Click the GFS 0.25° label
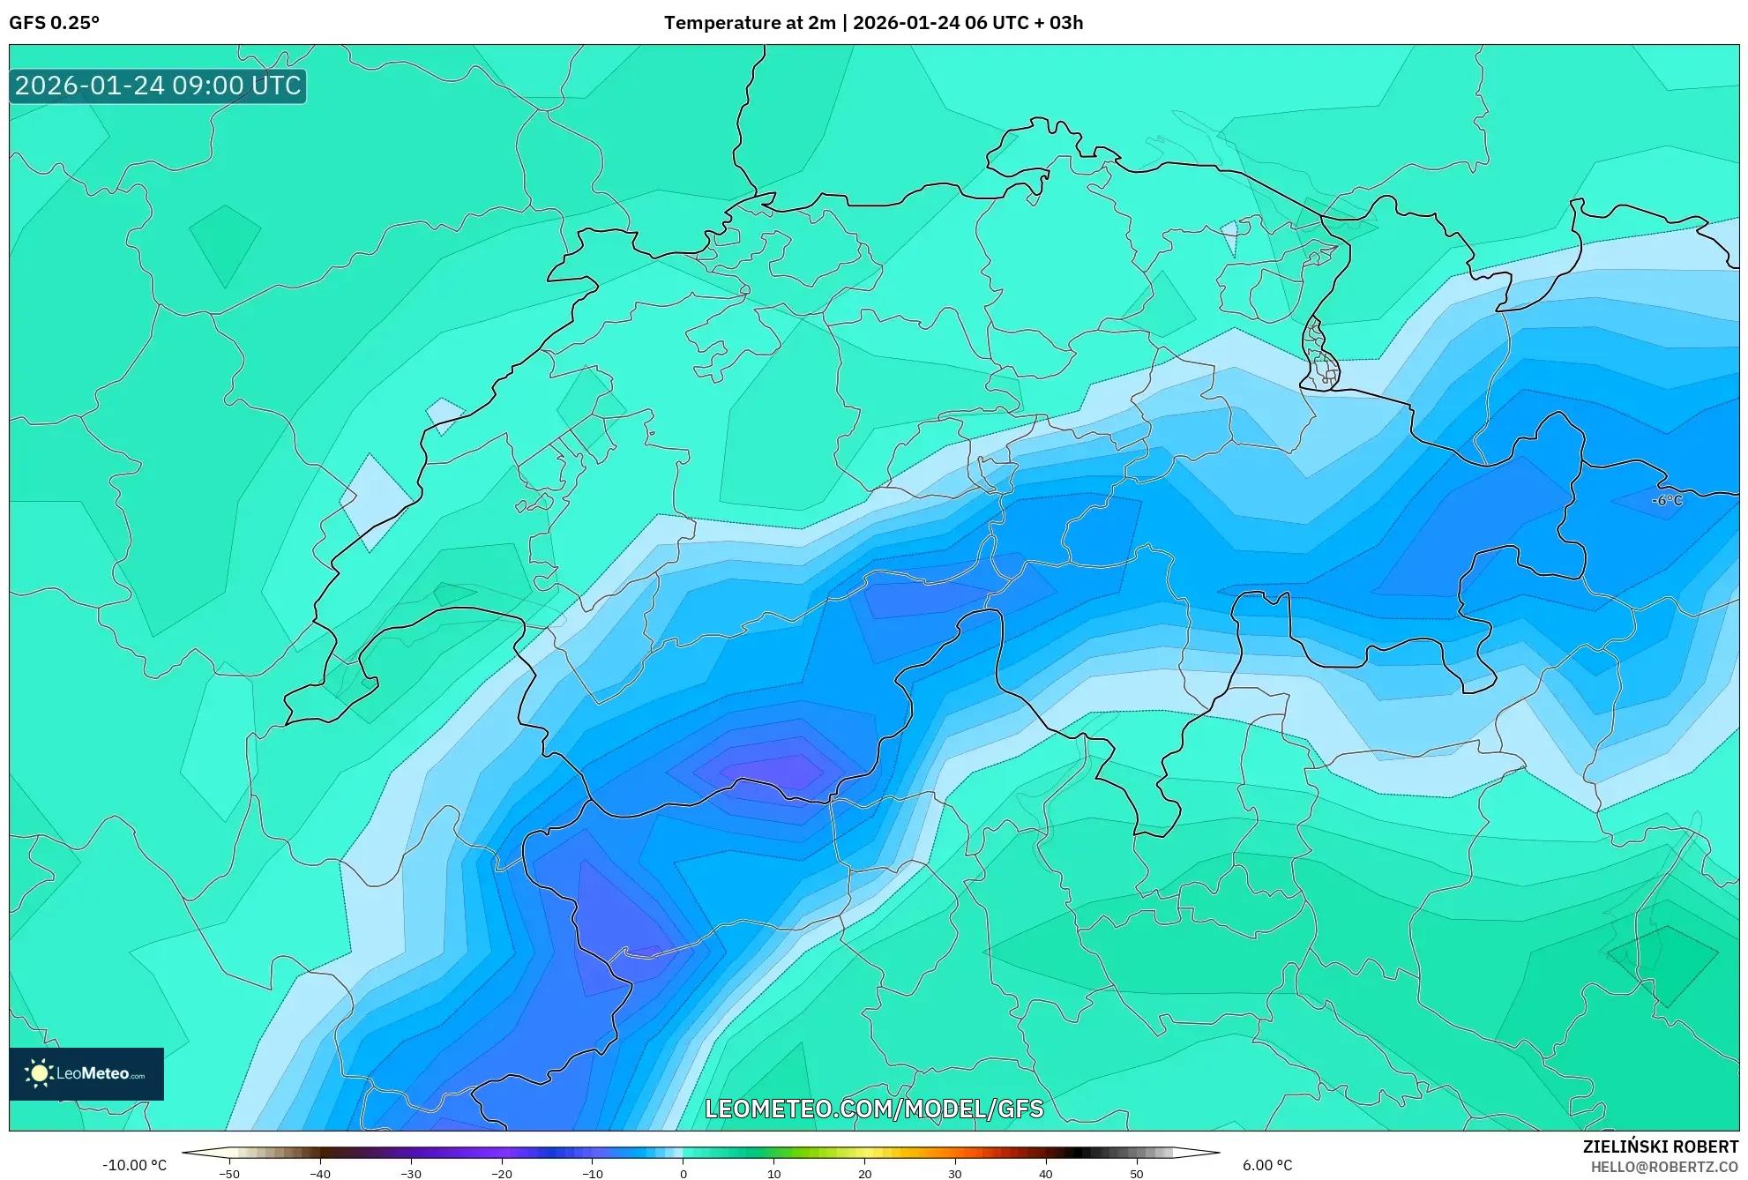[x=54, y=23]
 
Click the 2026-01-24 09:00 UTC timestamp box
[x=158, y=86]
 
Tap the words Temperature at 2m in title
[x=749, y=23]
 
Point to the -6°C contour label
[x=1666, y=500]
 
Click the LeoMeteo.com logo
[x=86, y=1073]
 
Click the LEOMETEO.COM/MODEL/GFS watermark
[x=873, y=1109]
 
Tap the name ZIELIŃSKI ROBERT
[x=1660, y=1146]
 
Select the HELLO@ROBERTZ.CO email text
[x=1663, y=1167]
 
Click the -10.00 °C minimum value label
[x=134, y=1165]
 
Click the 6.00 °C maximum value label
[x=1266, y=1165]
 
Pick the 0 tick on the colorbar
[x=683, y=1174]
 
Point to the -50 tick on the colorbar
[x=228, y=1174]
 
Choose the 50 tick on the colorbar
[x=1136, y=1174]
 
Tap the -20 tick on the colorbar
[x=501, y=1174]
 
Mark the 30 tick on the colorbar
[x=955, y=1174]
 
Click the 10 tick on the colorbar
[x=773, y=1174]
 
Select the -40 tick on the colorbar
[x=319, y=1174]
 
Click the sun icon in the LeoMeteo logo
[x=39, y=1073]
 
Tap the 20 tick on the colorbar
[x=864, y=1174]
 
